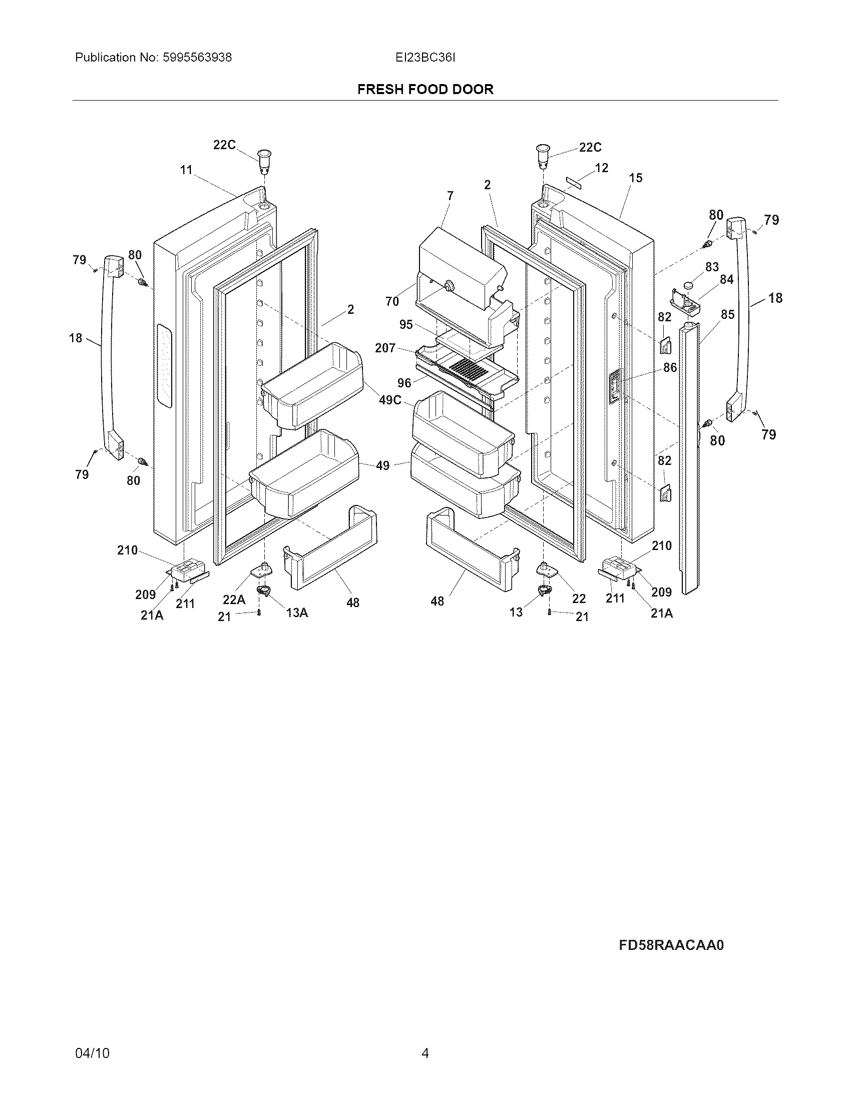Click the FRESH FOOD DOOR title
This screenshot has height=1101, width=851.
[x=425, y=89]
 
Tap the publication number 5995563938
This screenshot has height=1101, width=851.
[x=197, y=58]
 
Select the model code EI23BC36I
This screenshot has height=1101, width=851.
[x=425, y=58]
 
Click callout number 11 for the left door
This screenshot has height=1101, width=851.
[x=187, y=170]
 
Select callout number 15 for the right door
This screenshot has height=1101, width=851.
[x=636, y=178]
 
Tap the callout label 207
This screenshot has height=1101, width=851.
[x=385, y=348]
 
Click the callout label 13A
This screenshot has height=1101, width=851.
[x=297, y=613]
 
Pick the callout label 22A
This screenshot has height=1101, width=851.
[x=234, y=600]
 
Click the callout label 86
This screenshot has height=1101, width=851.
[x=670, y=367]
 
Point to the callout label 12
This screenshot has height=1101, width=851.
[x=601, y=168]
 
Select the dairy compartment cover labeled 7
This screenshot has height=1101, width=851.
[x=462, y=262]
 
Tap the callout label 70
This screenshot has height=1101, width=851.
[x=392, y=301]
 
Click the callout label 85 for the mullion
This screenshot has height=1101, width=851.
[x=727, y=315]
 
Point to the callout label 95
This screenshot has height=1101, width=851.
[x=406, y=325]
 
